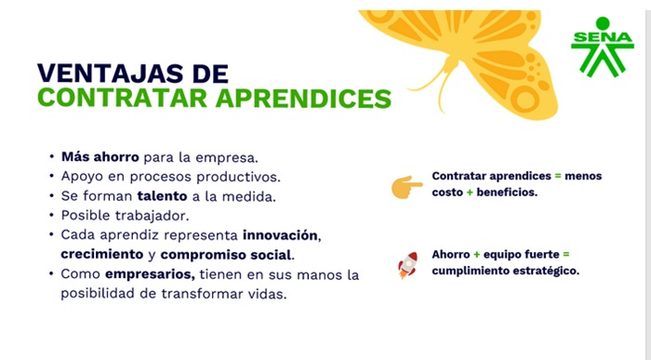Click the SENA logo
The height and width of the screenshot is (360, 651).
tap(602, 47)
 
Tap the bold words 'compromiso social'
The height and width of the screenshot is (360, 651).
tap(227, 254)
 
